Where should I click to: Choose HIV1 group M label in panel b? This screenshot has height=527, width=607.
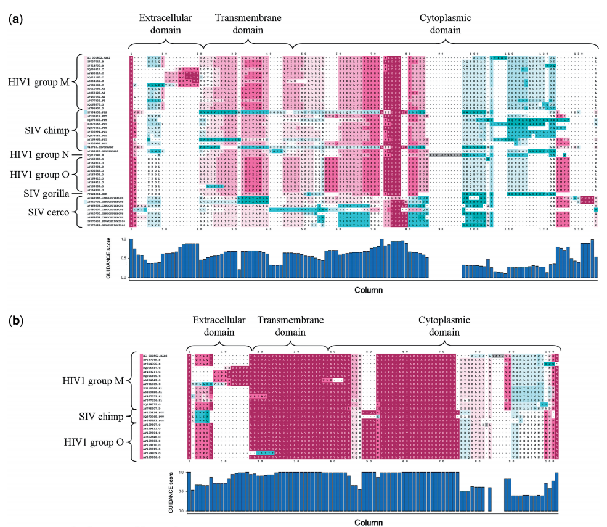click(94, 381)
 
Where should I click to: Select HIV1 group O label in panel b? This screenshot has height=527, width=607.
click(94, 443)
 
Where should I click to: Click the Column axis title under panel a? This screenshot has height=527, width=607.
click(372, 289)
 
